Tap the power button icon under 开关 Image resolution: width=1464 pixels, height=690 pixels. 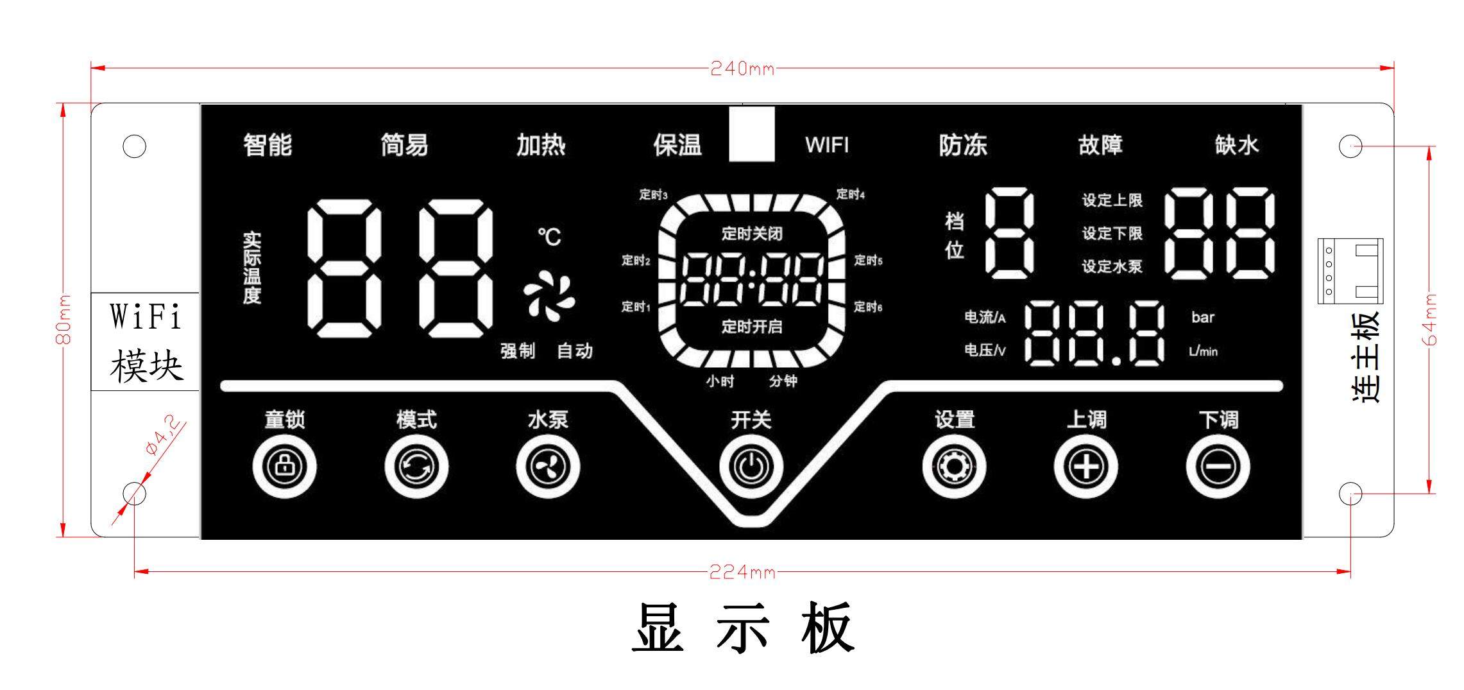click(751, 467)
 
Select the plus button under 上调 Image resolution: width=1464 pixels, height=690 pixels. click(1085, 467)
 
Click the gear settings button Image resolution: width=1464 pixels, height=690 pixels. click(954, 467)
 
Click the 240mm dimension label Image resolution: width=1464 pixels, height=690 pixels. click(742, 68)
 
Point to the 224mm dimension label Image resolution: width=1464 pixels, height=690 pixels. click(742, 571)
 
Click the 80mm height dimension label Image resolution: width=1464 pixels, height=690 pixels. click(63, 320)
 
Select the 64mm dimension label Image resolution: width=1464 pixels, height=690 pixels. click(1431, 320)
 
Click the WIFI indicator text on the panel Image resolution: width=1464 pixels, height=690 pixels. click(827, 145)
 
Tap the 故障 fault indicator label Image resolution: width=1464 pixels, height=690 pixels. click(1100, 145)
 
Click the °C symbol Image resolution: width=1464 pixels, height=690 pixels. click(549, 237)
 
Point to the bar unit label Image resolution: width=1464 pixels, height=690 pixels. click(1202, 317)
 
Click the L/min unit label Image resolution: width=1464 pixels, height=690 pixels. click(1202, 351)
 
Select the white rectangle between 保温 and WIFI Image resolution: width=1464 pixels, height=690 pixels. click(752, 134)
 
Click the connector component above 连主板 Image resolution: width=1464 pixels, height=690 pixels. click(1350, 270)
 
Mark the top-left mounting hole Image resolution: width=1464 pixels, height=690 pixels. click(134, 146)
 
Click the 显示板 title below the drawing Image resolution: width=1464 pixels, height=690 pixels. click(743, 628)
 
